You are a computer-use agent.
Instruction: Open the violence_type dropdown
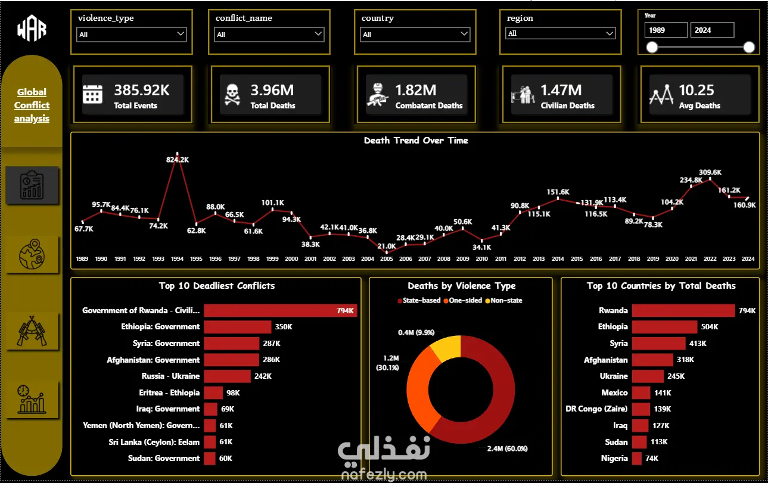click(131, 35)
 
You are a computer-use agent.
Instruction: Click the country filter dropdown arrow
click(464, 33)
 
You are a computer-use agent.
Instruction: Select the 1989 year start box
click(666, 30)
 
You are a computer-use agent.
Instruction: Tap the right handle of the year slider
click(749, 47)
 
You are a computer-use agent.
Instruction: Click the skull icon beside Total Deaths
click(232, 94)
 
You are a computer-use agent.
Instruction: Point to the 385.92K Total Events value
click(142, 90)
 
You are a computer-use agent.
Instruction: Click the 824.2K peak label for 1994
click(178, 160)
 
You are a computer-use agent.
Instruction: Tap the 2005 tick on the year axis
click(387, 259)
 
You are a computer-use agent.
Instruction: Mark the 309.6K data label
click(710, 172)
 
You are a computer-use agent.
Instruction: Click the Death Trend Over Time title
click(416, 140)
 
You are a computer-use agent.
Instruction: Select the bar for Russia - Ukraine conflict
click(228, 376)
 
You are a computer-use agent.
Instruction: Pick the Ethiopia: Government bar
click(238, 327)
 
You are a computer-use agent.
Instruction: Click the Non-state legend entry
click(503, 301)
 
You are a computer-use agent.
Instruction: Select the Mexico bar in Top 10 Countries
click(641, 392)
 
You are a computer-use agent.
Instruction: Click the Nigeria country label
click(614, 459)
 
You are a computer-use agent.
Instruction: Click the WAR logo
click(32, 29)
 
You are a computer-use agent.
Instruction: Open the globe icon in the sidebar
click(32, 254)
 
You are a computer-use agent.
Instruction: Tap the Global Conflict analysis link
click(32, 105)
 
